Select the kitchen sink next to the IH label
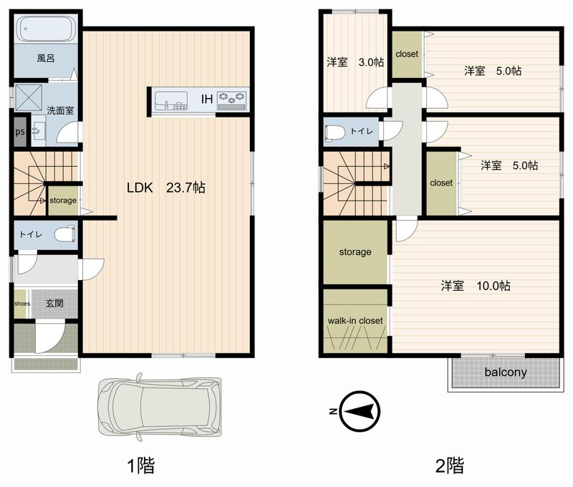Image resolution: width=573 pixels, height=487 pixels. click(171, 100)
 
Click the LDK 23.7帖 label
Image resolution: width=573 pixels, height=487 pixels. click(166, 188)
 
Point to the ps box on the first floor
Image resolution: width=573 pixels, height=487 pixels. click(20, 132)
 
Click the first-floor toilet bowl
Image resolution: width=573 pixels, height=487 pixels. click(64, 233)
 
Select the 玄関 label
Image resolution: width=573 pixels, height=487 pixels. click(54, 303)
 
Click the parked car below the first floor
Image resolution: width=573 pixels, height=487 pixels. click(159, 407)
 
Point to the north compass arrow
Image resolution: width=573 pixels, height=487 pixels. click(360, 411)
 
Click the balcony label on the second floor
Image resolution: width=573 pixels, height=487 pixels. click(506, 372)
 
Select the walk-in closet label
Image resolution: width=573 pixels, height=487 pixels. click(355, 321)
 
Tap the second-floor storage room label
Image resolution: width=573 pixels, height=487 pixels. click(355, 251)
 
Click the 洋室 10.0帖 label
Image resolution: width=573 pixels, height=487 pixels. click(476, 285)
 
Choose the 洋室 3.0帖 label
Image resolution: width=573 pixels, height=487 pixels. click(355, 62)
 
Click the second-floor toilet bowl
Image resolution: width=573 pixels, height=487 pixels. click(334, 132)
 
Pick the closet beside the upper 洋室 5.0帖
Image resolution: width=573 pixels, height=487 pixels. click(407, 54)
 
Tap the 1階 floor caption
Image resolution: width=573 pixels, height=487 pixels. click(140, 466)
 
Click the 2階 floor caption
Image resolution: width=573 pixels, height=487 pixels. click(450, 466)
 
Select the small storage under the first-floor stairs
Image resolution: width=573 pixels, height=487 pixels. click(63, 201)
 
